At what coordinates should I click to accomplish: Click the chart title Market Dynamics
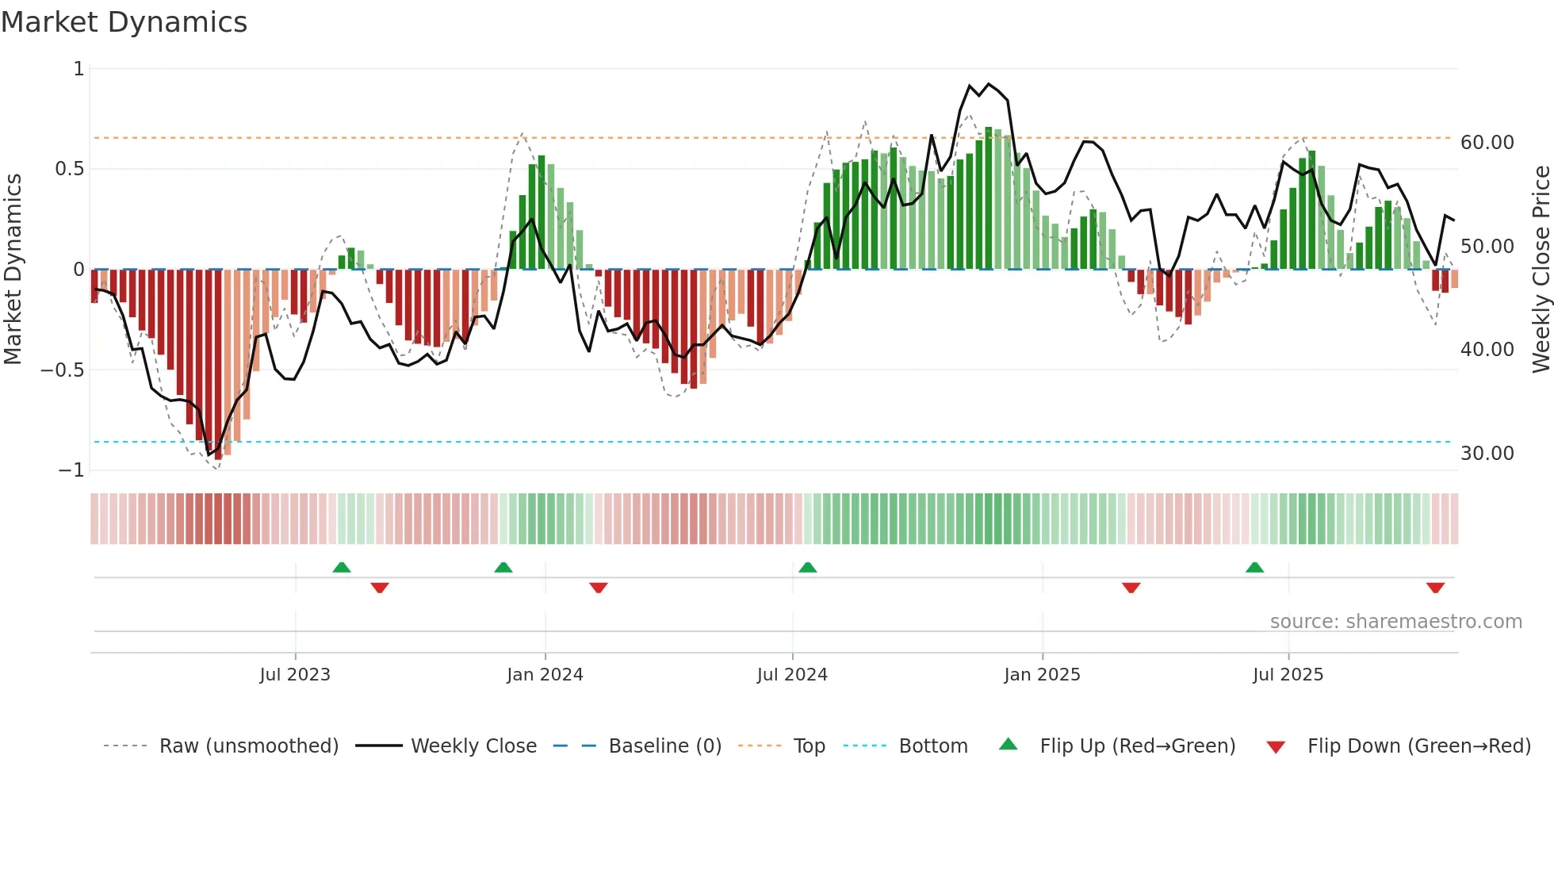pos(124,22)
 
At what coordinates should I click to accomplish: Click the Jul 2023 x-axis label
pos(295,675)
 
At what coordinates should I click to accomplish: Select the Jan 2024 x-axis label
pos(545,675)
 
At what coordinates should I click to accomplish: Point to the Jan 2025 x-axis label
pos(1042,675)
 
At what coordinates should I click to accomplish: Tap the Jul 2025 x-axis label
pos(1288,675)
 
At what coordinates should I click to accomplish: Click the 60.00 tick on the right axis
pos(1487,143)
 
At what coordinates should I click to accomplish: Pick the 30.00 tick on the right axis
pos(1487,454)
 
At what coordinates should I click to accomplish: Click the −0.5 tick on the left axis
pos(62,370)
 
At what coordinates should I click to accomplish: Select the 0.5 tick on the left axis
pos(69,169)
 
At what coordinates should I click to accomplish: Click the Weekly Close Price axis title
pos(1541,269)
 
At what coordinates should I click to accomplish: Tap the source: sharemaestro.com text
pos(1395,622)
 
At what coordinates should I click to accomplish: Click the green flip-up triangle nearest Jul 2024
pos(807,567)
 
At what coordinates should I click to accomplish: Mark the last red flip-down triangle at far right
pos(1435,588)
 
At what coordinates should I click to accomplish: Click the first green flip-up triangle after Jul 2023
pos(342,567)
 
